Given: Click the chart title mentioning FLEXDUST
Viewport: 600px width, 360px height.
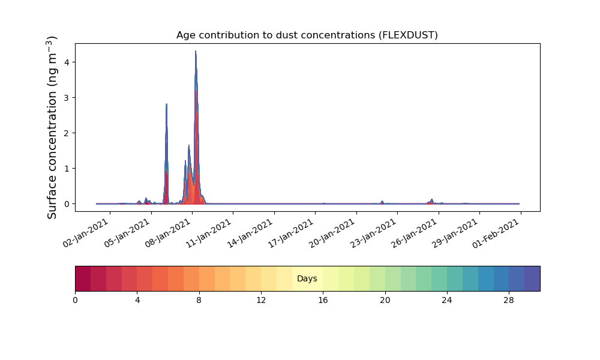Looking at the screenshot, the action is [307, 35].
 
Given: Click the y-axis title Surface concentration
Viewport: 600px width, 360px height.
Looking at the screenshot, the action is [52, 127].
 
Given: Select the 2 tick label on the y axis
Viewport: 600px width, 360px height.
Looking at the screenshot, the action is [67, 133].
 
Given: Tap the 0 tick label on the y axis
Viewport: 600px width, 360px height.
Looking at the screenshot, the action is [67, 204].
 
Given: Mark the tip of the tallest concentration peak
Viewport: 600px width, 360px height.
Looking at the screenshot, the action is [196, 51].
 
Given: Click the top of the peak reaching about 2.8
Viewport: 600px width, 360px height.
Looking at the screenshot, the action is [166, 104].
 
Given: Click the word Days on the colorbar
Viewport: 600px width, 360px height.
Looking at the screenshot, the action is [307, 278].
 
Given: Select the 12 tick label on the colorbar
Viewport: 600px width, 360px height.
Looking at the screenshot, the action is [261, 301].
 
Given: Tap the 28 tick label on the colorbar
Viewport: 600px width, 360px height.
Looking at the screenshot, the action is [509, 301].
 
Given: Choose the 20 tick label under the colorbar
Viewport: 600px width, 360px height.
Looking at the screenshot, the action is [385, 301].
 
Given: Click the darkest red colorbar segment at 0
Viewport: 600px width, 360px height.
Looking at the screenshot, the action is [83, 278].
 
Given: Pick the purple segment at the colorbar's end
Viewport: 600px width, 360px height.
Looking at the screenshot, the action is [532, 278].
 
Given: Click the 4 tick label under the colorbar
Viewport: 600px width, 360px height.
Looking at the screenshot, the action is [137, 301].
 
